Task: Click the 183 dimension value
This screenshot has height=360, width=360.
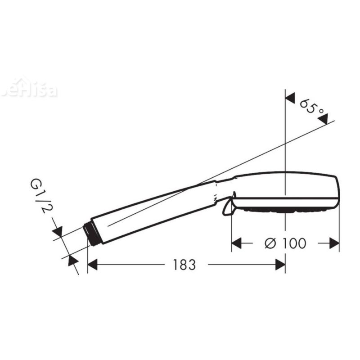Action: (x=184, y=265)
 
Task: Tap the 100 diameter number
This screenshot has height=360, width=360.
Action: (x=294, y=243)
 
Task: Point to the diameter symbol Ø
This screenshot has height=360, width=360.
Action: (x=271, y=243)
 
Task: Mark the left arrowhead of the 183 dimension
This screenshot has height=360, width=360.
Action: (x=92, y=265)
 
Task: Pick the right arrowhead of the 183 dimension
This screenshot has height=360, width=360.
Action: (x=280, y=265)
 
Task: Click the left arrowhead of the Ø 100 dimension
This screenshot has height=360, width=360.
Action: (x=236, y=243)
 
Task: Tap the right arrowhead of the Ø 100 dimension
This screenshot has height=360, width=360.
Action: (x=335, y=243)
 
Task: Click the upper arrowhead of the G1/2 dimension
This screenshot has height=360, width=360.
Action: (x=57, y=231)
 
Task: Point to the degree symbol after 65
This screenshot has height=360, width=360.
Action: (x=321, y=110)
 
